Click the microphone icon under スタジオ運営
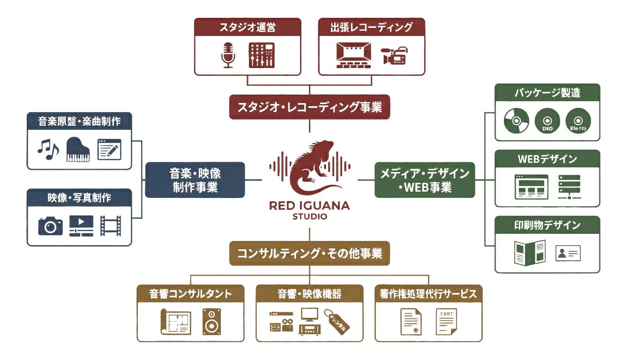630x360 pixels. [228, 55]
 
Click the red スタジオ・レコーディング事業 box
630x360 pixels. [309, 107]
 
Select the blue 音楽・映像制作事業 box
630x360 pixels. [195, 180]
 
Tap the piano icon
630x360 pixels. [78, 150]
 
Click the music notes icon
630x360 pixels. [48, 150]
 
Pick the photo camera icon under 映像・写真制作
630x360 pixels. [50, 225]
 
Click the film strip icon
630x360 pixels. [111, 225]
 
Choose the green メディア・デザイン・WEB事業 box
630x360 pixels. [425, 180]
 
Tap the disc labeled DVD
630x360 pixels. [547, 121]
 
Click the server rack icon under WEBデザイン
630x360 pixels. [570, 187]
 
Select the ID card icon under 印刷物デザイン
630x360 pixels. [568, 253]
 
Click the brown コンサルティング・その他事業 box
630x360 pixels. [309, 253]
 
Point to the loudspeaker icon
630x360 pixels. [211, 321]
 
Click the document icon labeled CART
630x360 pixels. [446, 322]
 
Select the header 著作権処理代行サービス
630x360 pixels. [428, 294]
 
